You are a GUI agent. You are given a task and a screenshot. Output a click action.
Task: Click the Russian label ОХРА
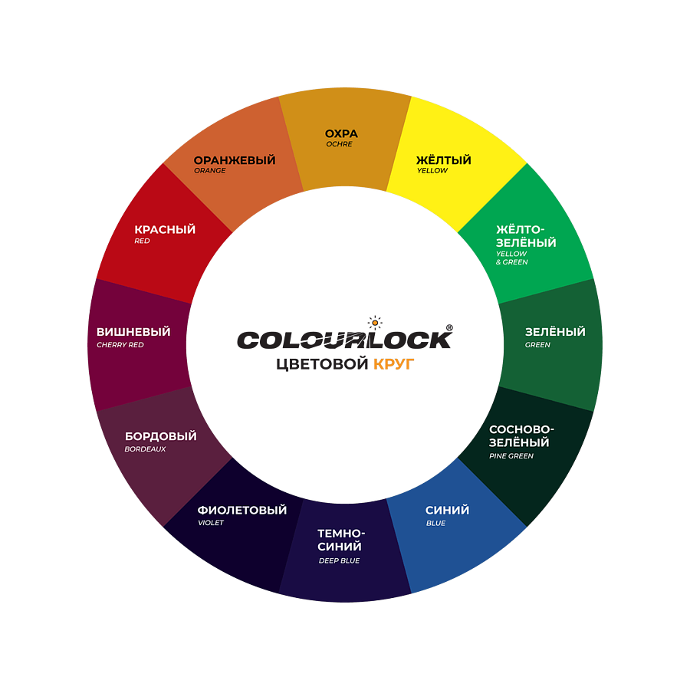[341, 133]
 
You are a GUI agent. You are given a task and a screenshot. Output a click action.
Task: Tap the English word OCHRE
[339, 144]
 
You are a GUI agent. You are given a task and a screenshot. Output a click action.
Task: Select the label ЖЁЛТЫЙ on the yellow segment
[443, 160]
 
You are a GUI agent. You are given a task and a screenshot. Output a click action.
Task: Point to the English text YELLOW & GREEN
[511, 258]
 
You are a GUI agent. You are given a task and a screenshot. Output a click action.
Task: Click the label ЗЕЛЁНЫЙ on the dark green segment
[555, 332]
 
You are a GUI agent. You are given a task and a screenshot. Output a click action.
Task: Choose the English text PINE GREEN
[511, 456]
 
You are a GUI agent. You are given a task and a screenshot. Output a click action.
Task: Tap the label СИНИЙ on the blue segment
[447, 511]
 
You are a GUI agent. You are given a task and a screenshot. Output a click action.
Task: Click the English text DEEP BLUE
[339, 560]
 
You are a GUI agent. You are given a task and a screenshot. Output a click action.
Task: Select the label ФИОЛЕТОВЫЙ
[242, 511]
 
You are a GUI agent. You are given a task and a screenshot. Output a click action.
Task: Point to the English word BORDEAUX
[145, 449]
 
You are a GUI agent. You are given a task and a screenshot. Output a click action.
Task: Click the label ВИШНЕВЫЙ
[133, 332]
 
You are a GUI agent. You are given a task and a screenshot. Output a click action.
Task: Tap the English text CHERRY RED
[120, 345]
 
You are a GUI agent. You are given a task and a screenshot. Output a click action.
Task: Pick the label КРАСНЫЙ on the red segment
[165, 229]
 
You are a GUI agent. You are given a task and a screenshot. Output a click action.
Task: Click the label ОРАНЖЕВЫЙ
[234, 160]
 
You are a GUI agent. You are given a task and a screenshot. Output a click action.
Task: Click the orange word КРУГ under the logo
[393, 365]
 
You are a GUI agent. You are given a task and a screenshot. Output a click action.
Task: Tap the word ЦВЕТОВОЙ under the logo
[322, 365]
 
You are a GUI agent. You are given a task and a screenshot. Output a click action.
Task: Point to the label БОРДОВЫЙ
[161, 436]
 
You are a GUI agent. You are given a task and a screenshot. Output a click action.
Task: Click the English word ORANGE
[209, 171]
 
